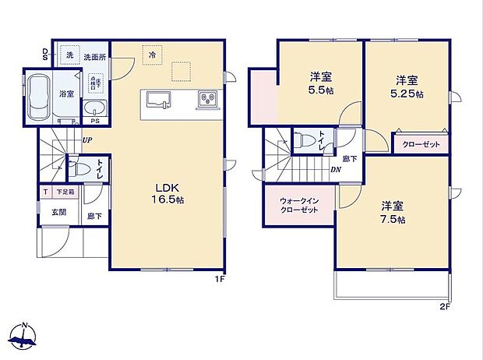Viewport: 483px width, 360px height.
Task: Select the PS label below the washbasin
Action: pos(95,122)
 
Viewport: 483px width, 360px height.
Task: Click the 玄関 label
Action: pos(58,212)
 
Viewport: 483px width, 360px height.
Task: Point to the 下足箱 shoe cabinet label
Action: pos(65,192)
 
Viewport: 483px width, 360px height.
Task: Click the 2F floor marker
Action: pos(445,305)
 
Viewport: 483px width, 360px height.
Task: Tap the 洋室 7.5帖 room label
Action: pos(392,212)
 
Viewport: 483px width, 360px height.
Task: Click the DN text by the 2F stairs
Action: pos(335,170)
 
